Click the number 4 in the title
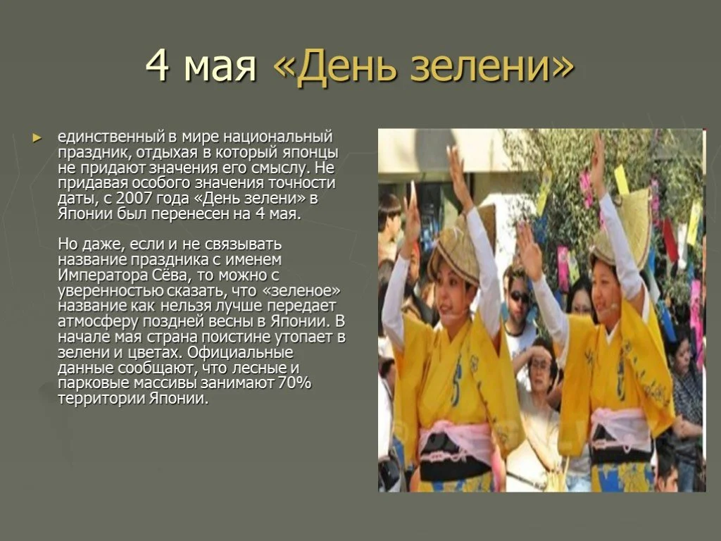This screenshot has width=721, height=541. (158, 68)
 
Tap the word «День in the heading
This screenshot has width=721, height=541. (344, 68)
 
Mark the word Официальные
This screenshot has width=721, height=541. (238, 352)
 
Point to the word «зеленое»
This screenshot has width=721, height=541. (306, 290)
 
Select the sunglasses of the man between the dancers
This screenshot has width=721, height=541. (520, 297)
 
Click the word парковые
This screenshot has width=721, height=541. (94, 383)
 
